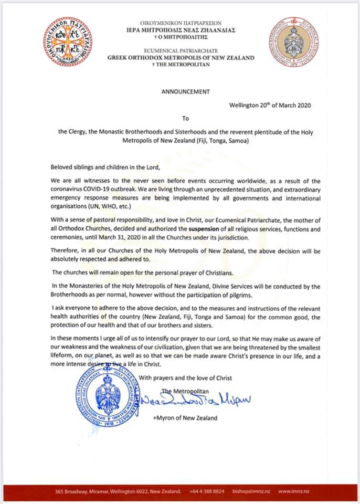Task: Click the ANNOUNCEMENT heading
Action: [x=185, y=91]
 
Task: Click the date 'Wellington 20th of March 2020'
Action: [x=270, y=105]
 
